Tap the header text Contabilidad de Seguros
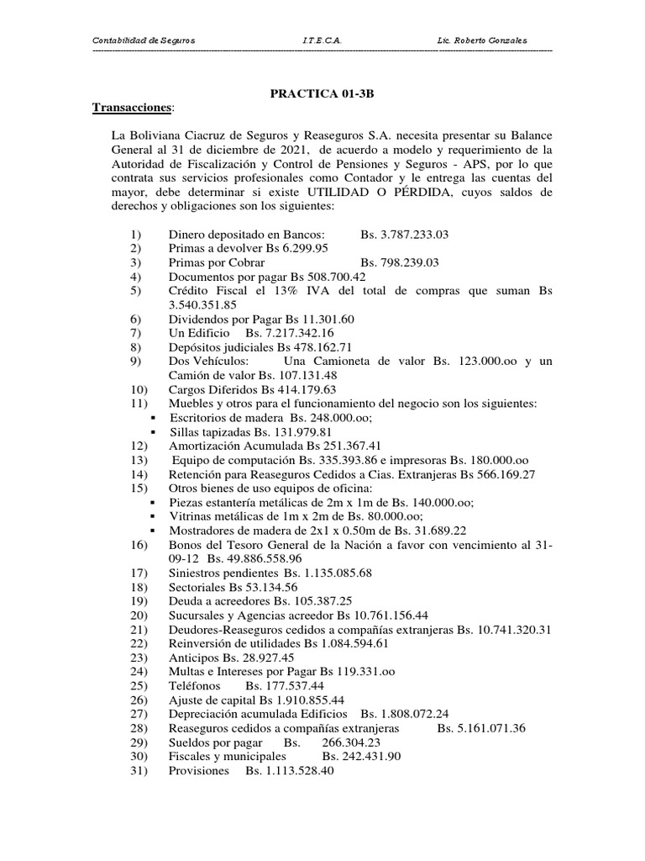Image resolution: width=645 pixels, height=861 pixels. click(143, 42)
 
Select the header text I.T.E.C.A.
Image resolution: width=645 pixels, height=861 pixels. click(321, 42)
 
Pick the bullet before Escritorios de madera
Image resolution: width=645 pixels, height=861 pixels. click(153, 418)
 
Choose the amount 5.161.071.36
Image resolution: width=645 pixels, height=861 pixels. click(481, 728)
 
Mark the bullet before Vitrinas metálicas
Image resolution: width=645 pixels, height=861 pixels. click(153, 516)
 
